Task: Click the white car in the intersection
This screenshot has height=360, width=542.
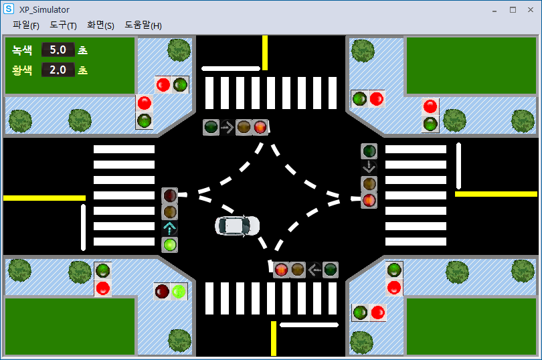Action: pos(237,226)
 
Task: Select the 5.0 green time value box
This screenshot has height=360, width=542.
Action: pos(58,50)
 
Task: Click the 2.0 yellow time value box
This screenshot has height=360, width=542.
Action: pos(58,70)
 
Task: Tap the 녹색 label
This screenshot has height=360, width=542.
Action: pos(22,50)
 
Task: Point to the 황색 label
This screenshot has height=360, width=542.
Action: pos(22,70)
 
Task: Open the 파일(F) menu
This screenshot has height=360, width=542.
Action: pos(25,25)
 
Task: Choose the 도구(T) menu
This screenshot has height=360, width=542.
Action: pos(63,25)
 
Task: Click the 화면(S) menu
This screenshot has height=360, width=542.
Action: pos(100,25)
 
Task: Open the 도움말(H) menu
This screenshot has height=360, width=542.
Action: pos(143,25)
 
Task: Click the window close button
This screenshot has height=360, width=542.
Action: pos(531,10)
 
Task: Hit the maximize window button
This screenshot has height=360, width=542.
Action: pos(513,10)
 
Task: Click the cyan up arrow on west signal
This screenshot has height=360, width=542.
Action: pos(170,228)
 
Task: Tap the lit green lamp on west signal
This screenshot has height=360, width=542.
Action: pos(170,245)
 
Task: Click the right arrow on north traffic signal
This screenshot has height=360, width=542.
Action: pos(228,127)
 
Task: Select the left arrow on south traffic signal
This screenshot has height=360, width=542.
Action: pos(314,270)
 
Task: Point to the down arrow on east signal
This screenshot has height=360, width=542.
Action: pos(369,167)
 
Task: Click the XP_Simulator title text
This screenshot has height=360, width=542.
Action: pos(44,10)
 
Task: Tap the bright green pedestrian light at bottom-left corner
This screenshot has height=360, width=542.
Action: pos(179,292)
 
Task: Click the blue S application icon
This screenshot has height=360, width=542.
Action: pos(9,9)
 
